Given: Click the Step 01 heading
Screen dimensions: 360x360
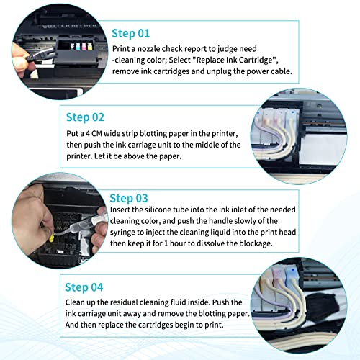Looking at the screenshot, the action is click(131, 33).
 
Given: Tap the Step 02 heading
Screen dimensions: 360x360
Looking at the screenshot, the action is click(85, 117).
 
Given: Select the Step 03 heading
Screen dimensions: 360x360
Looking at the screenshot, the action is click(129, 198).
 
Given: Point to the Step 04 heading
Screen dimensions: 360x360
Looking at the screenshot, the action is click(84, 287).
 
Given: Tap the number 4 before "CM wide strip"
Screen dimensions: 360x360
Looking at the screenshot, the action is click(88, 133).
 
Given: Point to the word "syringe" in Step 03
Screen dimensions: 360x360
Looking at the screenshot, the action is click(122, 233).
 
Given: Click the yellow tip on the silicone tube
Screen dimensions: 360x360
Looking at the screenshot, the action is click(51, 238).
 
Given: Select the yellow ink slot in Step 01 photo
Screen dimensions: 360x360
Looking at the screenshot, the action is click(90, 46).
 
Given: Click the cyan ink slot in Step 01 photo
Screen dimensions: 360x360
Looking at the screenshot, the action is click(78, 46).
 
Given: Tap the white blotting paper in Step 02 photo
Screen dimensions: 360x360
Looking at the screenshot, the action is click(322, 149).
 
